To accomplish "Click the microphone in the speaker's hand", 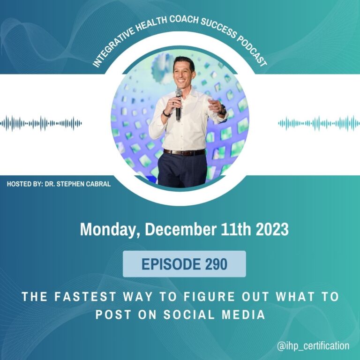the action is [x=179, y=105].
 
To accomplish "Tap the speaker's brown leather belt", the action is [x=184, y=152].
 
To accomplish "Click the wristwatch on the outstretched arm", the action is [x=223, y=110].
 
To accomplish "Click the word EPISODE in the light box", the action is [x=171, y=264].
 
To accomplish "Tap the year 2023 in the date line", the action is [x=272, y=229].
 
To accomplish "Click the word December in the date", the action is [x=180, y=229].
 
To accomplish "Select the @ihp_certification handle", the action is [x=313, y=346].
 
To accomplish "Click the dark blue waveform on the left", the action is [x=41, y=124].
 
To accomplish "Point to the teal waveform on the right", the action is [x=319, y=124].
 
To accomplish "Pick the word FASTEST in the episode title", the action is [x=85, y=296].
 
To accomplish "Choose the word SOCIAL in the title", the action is [x=189, y=315].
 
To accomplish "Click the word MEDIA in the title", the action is [x=243, y=315].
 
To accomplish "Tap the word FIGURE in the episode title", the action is [x=210, y=296].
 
